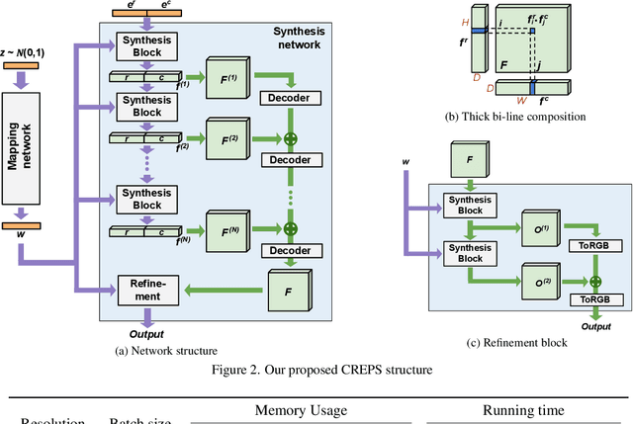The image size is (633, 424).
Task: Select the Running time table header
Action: (524, 410)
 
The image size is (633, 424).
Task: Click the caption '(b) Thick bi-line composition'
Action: (514, 117)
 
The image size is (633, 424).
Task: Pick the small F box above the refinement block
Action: (471, 157)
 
